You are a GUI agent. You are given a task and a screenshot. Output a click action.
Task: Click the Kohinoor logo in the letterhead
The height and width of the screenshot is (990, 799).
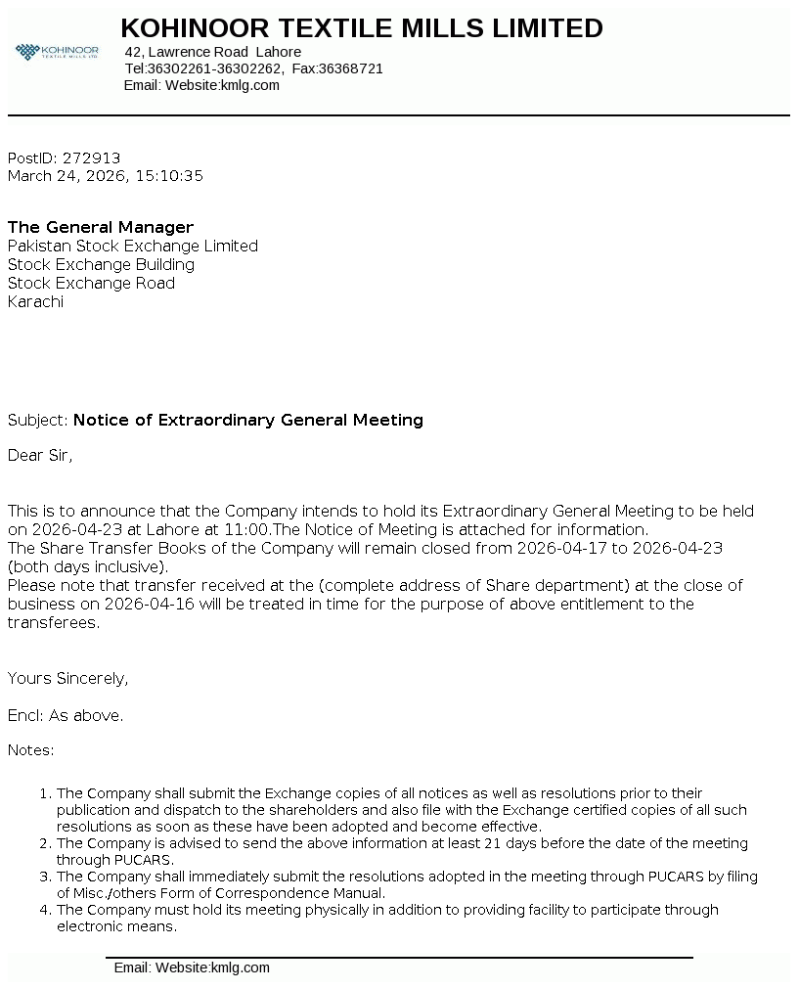[57, 51]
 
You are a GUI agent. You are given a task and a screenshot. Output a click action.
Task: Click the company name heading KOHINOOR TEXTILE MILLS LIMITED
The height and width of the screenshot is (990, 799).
[361, 28]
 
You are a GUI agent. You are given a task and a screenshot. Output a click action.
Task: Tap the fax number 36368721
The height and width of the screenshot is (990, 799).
[351, 68]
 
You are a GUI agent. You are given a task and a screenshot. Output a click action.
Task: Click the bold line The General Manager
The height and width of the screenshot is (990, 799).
[101, 227]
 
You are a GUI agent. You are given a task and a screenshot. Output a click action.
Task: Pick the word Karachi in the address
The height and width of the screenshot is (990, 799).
[35, 301]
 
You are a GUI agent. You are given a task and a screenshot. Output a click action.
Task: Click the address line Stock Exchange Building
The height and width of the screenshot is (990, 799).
[101, 264]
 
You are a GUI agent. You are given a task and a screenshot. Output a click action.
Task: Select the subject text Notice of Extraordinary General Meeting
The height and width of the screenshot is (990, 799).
[247, 420]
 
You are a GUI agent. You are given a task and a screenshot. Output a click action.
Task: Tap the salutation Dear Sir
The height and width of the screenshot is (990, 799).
[40, 455]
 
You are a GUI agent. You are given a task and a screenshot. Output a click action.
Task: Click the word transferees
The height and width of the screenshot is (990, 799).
[53, 622]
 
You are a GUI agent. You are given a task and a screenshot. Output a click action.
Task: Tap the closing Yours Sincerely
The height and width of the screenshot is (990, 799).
[67, 678]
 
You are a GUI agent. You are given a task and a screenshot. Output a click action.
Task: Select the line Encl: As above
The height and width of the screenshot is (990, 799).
[66, 715]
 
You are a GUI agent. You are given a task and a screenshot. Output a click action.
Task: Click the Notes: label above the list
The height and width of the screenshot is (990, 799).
[31, 750]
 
